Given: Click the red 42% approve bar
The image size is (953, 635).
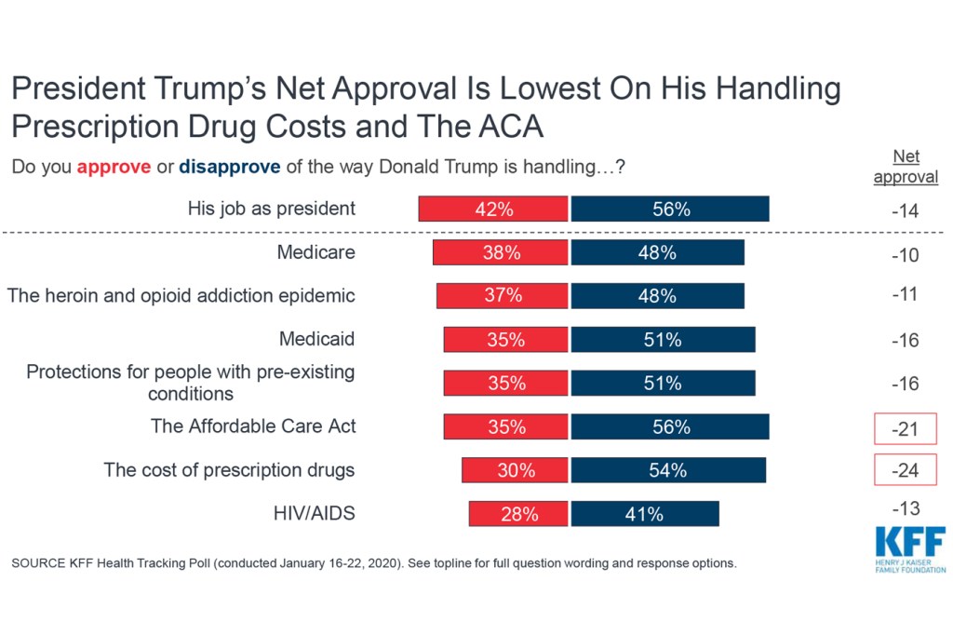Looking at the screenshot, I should [x=492, y=209].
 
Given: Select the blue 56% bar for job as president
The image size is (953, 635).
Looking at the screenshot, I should [x=670, y=209].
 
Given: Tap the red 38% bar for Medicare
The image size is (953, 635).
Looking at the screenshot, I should [x=500, y=252].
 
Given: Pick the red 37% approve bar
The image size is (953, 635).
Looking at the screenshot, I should [x=502, y=295].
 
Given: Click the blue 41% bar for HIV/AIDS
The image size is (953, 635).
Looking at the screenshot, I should [x=644, y=514].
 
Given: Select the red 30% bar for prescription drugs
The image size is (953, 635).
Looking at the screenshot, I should [x=515, y=470].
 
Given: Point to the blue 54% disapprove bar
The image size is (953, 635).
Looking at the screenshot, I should [x=668, y=470].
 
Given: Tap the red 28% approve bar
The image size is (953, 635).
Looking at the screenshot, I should [x=518, y=514].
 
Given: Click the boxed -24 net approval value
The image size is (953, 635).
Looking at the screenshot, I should [x=905, y=471].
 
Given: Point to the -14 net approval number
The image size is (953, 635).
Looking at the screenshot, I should [x=905, y=211].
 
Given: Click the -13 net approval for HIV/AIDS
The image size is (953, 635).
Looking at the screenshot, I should [x=905, y=508].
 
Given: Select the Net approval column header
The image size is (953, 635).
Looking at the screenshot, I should [x=906, y=168].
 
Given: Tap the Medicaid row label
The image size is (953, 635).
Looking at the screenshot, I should [x=317, y=339].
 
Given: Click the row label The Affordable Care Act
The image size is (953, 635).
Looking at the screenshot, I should [x=253, y=426].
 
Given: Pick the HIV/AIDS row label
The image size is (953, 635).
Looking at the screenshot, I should [x=315, y=512].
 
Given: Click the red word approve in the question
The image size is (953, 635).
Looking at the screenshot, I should [x=114, y=169].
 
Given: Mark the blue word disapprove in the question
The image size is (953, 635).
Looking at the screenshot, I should [x=228, y=169].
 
